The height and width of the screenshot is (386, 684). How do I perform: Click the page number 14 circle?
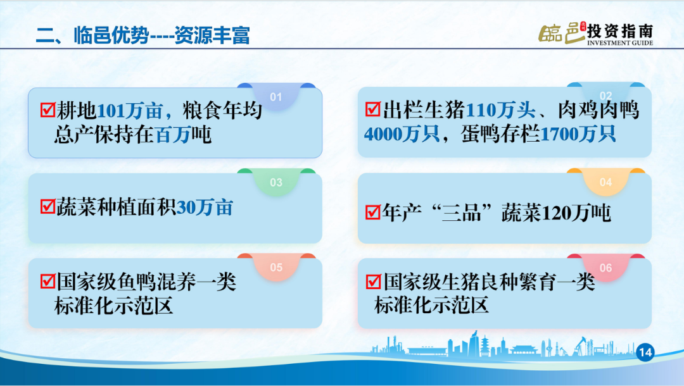click(645, 352)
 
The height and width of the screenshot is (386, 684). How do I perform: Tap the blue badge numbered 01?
click(275, 97)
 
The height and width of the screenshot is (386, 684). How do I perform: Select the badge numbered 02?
click(605, 95)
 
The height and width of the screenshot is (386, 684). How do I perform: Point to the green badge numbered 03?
click(275, 182)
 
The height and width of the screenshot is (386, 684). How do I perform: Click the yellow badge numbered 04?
click(605, 182)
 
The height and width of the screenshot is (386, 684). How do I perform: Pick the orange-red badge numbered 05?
click(275, 267)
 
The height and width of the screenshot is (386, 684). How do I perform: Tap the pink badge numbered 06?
click(605, 268)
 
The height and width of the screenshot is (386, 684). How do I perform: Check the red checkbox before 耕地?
click(47, 109)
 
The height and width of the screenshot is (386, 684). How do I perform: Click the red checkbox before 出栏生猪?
click(373, 109)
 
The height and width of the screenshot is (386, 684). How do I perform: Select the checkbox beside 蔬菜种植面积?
click(47, 206)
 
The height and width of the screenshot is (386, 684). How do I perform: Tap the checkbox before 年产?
click(373, 213)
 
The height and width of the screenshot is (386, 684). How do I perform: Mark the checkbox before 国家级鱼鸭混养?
click(47, 282)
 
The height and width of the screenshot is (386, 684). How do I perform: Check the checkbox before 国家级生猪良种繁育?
click(374, 282)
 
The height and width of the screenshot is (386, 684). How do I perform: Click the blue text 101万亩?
click(130, 111)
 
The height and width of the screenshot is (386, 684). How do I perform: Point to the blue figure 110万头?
click(500, 110)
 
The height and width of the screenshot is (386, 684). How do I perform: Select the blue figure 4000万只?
click(402, 134)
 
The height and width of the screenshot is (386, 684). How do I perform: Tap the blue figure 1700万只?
click(578, 134)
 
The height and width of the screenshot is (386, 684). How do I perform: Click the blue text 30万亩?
click(205, 208)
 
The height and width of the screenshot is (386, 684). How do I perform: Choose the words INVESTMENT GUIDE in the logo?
click(620, 42)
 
